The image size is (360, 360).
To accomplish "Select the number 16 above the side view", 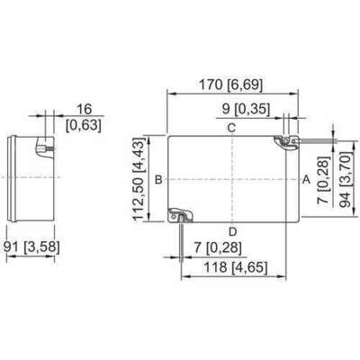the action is (x=85, y=109).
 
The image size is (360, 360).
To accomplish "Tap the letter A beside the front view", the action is (x=306, y=179).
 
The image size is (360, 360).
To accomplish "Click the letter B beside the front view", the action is (x=158, y=180).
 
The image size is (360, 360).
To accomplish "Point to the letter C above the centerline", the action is (x=231, y=128).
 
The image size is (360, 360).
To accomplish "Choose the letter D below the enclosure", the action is (x=233, y=231).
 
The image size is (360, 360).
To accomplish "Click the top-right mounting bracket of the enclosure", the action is (x=287, y=142).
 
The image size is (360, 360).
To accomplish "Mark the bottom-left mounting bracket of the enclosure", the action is (x=180, y=215).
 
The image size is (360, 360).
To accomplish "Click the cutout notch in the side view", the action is (x=45, y=148).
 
